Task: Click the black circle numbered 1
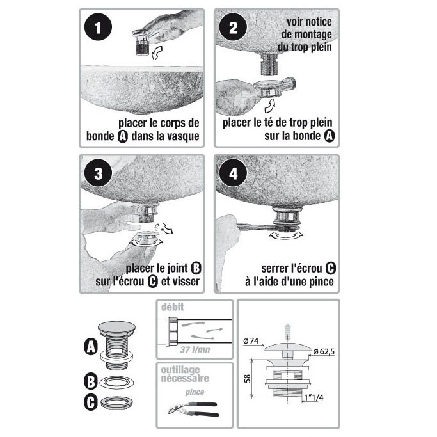pos(98,28)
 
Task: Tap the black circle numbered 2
pos(233,28)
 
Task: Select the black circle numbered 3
pos(98,173)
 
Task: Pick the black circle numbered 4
pos(233,173)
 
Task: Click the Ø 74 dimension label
pos(251,341)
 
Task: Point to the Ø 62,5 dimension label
pos(324,352)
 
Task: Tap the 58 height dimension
pos(247,379)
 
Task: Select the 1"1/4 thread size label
pos(314,397)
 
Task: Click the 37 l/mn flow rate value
pos(195,349)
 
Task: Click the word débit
pos(173,307)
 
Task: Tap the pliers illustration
pos(193,409)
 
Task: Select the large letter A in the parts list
pos(91,347)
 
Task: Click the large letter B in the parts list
pos(91,381)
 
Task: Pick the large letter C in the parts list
pos(91,402)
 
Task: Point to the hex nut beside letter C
pos(116,402)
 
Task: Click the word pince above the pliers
pos(195,392)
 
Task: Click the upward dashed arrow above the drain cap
pos(287,332)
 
